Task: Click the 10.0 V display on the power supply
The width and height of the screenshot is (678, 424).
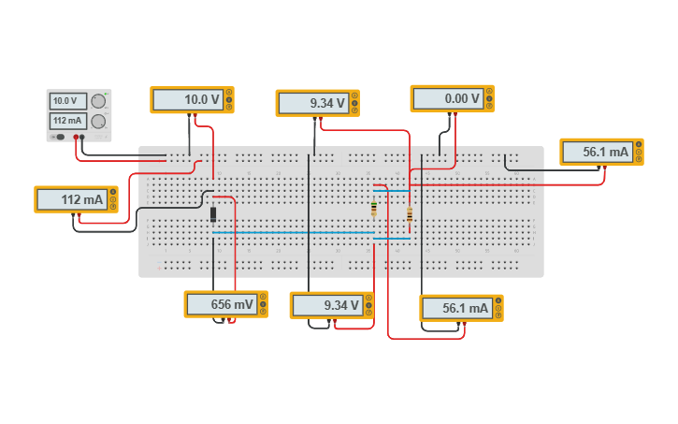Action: [65, 101]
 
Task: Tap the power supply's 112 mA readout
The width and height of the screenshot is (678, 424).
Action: [65, 121]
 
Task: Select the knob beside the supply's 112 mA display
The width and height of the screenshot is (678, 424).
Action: [98, 122]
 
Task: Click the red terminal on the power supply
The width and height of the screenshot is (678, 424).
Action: [77, 138]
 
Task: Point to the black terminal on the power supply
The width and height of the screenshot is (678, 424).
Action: [83, 138]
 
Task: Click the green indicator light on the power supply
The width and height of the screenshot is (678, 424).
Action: [106, 94]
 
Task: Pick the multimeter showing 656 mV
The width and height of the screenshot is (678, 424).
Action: [225, 304]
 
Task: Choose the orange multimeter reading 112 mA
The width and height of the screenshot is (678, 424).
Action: [76, 199]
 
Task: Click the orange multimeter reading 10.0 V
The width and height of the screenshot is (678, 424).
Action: [192, 100]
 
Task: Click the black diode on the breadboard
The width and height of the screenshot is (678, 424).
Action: [213, 215]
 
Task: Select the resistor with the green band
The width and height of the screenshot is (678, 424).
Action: [374, 208]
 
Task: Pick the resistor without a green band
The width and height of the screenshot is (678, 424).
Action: [410, 214]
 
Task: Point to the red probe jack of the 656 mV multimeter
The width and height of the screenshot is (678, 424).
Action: [233, 320]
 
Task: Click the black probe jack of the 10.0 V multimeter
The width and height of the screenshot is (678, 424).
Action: [189, 116]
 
